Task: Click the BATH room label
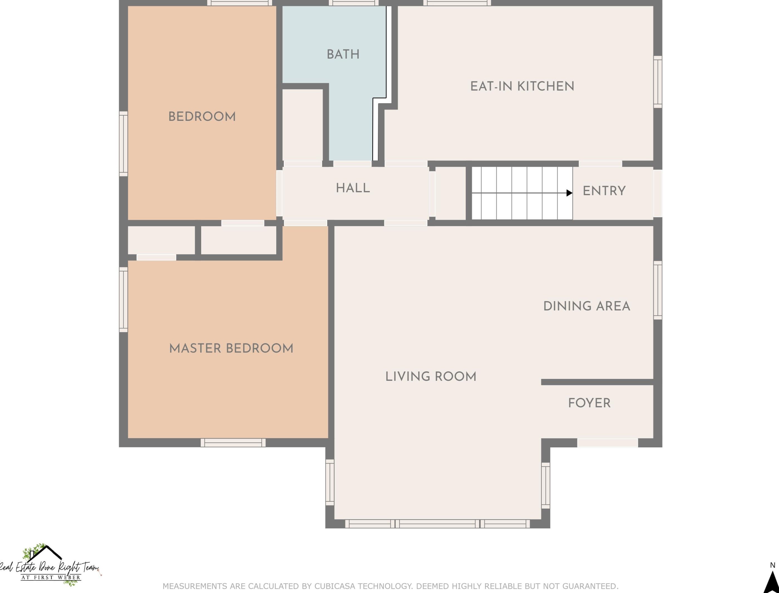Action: pos(343,54)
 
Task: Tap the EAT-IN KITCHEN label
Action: pos(522,86)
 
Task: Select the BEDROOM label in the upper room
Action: pos(202,116)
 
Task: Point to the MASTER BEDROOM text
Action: pos(231,348)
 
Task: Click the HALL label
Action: pos(353,188)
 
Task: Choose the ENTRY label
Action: pos(604,191)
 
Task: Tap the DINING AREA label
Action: pos(587,306)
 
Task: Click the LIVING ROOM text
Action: pos(431,376)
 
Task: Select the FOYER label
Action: pos(589,403)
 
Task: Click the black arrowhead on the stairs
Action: pos(569,193)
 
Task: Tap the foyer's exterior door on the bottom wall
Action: pos(608,443)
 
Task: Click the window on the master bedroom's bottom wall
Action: pos(233,443)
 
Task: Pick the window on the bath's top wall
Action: pos(354,3)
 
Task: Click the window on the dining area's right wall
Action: pos(658,290)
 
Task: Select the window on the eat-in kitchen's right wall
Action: pos(658,82)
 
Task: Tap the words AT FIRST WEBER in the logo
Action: pos(51,577)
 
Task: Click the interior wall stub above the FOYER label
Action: pos(597,382)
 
